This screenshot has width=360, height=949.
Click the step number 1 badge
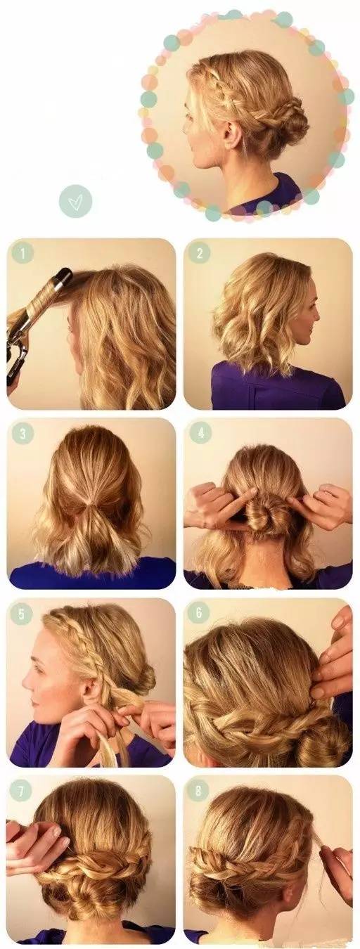[22, 253]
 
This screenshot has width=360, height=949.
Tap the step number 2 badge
[200, 253]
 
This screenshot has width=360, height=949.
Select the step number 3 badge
[22, 433]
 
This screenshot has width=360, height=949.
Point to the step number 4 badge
[200, 433]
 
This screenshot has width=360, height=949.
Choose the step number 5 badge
[22, 613]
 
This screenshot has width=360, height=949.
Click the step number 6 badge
[200, 613]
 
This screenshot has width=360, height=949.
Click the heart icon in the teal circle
[75, 200]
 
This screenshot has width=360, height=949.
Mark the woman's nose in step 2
[317, 316]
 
